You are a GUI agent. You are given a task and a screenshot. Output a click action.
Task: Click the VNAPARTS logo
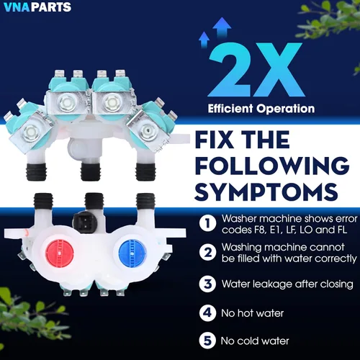37,6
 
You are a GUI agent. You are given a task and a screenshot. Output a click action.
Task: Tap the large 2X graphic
256,70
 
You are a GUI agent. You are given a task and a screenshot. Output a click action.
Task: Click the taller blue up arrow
222,27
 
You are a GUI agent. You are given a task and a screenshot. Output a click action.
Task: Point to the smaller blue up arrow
204,40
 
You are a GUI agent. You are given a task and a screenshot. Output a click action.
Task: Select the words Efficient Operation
261,109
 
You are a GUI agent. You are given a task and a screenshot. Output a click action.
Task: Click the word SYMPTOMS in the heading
266,192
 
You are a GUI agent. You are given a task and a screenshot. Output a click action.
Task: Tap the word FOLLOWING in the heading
272,166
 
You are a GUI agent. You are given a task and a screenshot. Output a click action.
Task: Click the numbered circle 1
207,223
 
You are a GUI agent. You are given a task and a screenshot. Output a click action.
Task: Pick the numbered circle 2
207,252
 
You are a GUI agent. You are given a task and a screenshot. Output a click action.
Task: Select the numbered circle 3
207,284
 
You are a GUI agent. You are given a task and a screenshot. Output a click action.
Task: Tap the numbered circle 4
207,312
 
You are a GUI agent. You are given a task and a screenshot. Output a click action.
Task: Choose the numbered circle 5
207,341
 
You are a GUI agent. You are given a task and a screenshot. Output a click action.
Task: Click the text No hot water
253,313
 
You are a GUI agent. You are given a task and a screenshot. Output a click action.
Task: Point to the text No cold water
255,341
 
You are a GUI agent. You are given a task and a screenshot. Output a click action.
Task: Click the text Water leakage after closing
287,284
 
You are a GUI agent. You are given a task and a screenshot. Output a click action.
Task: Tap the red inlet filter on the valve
60,253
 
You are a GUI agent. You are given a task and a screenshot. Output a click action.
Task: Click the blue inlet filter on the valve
132,252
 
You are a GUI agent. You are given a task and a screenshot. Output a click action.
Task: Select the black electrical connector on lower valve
85,222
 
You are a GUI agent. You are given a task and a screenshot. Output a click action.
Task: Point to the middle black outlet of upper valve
90,172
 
